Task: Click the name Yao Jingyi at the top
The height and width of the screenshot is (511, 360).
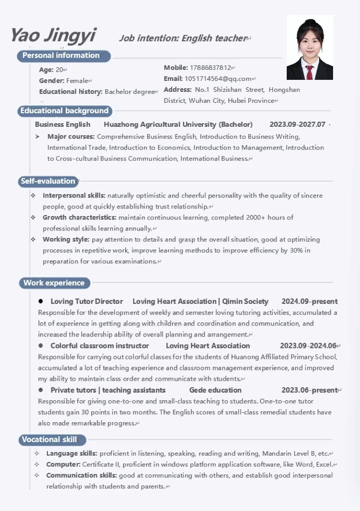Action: pos(53,35)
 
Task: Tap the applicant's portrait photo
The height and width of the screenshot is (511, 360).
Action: pos(310,47)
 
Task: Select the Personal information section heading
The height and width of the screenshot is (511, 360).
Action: pos(61,55)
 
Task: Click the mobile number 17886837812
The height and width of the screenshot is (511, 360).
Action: pos(210,68)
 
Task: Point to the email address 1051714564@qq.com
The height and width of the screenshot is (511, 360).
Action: pos(218,79)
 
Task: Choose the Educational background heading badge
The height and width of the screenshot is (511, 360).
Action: pos(64,111)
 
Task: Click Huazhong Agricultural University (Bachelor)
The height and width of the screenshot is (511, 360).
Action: pos(178,124)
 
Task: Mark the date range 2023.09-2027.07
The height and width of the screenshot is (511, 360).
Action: pos(297,124)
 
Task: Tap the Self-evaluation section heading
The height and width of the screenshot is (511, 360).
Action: pos(48,181)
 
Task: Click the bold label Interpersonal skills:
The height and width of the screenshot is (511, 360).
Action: pos(74,196)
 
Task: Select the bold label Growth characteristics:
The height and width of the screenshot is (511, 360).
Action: pos(79,218)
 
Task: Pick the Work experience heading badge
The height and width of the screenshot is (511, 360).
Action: pos(54,283)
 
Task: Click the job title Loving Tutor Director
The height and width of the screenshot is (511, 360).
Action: pos(86,301)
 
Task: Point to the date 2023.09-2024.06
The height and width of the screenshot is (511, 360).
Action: pos(308,346)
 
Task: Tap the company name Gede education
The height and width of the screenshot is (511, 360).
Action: pos(215,390)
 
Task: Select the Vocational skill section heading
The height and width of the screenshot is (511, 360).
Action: pos(49,440)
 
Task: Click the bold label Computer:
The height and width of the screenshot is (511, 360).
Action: pos(63,465)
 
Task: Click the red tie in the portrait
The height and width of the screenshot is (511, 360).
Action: pos(310,72)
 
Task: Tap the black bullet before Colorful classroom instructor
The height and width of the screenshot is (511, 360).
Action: pos(40,346)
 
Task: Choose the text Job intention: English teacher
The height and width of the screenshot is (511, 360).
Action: pos(182,38)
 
